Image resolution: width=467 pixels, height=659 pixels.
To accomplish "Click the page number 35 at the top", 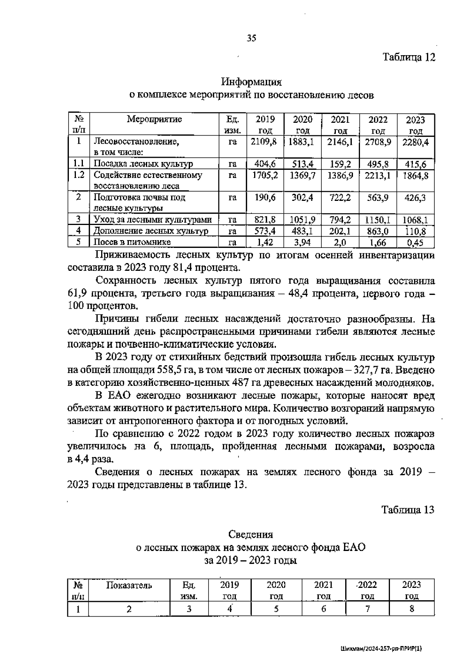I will tap(251, 38).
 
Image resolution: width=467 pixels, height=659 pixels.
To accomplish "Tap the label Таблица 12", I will tap(408, 57).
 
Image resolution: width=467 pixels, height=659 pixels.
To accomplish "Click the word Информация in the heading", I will tap(251, 82).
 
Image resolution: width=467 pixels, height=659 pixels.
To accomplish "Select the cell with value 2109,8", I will tap(263, 142).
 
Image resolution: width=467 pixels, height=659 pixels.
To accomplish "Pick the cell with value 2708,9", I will tap(377, 142).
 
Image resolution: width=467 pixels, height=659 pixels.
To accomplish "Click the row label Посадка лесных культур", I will tap(144, 164).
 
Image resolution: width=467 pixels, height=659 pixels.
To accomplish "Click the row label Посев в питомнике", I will tap(133, 243).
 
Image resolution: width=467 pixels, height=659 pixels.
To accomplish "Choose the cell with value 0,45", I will tap(415, 243).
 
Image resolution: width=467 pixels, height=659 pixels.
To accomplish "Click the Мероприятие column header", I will tap(154, 119).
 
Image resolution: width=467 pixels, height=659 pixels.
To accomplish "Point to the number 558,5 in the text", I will tap(172, 370).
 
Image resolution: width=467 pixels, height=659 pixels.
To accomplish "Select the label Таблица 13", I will tap(407, 509).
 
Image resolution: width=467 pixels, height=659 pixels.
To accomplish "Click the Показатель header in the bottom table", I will tap(129, 586).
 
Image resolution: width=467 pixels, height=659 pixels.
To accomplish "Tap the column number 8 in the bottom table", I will tap(412, 609).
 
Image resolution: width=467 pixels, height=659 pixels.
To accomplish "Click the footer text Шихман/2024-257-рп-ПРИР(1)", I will tap(381, 649).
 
